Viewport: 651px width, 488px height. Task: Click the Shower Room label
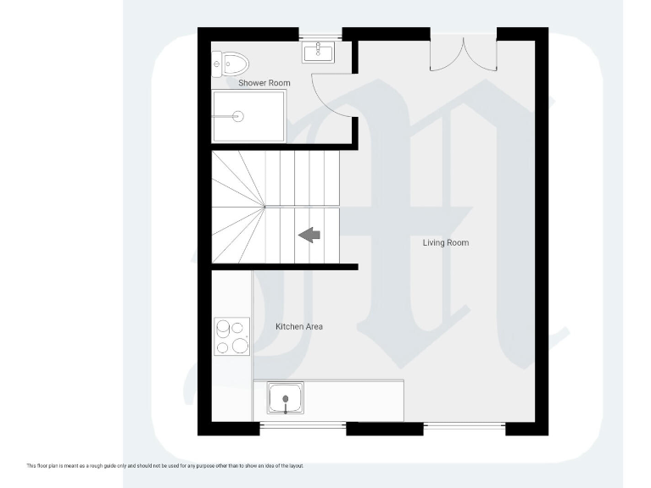pos(264,83)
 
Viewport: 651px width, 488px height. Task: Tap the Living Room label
pos(446,243)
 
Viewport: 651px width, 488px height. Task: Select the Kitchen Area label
pos(298,326)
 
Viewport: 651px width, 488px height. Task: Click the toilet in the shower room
pos(231,63)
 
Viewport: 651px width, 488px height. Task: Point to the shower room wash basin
pos(320,53)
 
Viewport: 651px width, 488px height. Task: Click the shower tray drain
pos(238,117)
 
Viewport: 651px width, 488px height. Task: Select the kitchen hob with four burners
pos(232,336)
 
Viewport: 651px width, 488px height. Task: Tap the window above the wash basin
pos(320,35)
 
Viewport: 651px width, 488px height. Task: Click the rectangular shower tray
pos(248,117)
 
